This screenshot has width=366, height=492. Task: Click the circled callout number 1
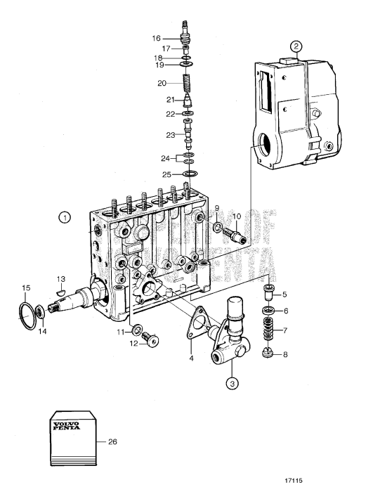(x=64, y=218)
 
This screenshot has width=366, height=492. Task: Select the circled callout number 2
(x=296, y=48)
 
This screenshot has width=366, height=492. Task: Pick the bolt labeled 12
(x=150, y=341)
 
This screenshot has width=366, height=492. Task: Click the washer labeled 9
(x=217, y=227)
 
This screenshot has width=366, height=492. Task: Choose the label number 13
(x=60, y=278)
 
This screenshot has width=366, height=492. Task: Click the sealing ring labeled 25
(x=188, y=173)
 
